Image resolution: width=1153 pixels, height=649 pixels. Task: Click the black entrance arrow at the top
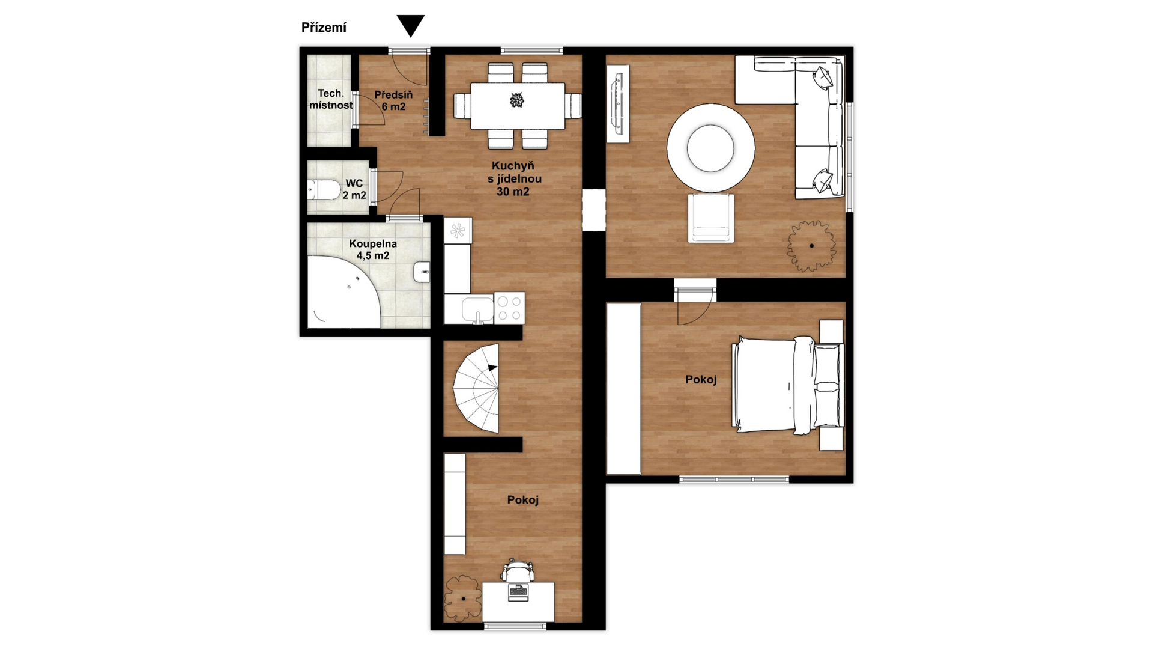point(411,25)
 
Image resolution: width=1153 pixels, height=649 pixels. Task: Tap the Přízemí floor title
point(324,28)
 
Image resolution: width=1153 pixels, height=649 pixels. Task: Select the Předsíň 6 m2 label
point(393,100)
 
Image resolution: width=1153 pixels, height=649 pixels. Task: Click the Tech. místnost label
point(331,99)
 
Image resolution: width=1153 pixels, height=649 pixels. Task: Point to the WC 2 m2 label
point(354,189)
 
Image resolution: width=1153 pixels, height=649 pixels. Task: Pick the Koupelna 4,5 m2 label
point(373,249)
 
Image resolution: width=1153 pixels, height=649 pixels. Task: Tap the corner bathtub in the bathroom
point(343,293)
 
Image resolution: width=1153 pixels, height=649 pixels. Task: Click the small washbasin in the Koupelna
point(422,272)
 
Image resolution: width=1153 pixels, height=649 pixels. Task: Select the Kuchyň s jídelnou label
point(514,178)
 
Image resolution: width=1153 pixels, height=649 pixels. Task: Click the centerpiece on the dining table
point(517,100)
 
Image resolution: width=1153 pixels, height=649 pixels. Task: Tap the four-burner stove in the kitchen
point(509,308)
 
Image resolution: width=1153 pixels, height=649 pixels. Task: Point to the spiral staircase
point(476,388)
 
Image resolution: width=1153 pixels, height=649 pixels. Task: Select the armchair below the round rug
point(711,218)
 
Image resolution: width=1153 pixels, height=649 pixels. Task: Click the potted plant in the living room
point(811,246)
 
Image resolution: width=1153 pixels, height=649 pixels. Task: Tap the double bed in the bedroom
point(788,385)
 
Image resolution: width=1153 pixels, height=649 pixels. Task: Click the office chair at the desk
point(518,570)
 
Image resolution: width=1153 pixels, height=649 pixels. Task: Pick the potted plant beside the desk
point(463,599)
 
